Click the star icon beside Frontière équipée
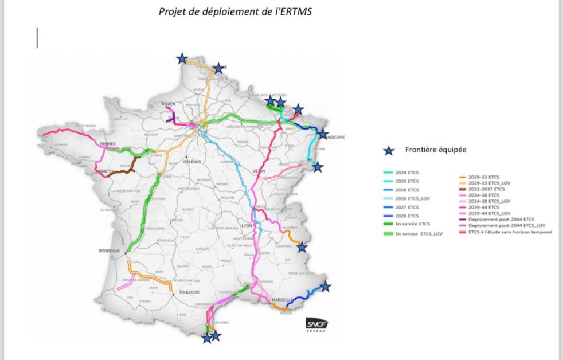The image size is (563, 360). point(389,150)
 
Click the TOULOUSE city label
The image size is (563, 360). point(189,292)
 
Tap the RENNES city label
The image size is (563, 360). point(108,144)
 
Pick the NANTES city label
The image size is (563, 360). point(105,171)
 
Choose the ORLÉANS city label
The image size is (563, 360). point(191,162)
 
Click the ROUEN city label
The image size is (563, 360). point(169,104)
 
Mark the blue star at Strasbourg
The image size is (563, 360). point(323,135)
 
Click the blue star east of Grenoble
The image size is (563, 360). point(302,247)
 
